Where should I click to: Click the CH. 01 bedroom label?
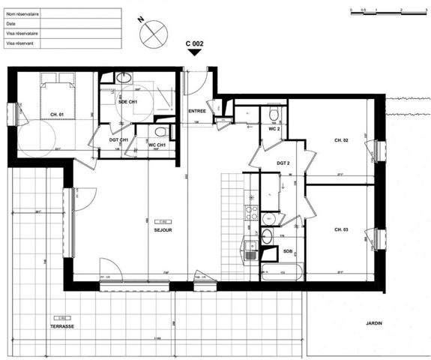click(57, 113)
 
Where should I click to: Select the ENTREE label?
click(197, 111)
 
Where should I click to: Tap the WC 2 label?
click(274, 129)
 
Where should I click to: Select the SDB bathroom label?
click(288, 250)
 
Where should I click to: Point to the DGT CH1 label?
click(119, 139)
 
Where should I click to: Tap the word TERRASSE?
click(61, 327)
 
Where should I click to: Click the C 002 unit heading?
click(194, 43)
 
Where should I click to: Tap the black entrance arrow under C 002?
click(194, 52)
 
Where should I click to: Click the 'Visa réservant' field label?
click(20, 43)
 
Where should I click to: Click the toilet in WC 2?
click(274, 115)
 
